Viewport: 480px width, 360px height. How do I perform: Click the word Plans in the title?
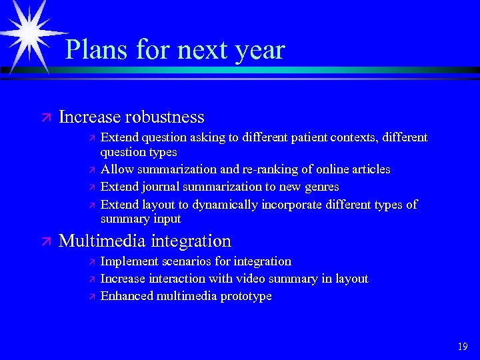97,50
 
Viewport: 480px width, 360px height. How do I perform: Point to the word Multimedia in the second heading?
103,241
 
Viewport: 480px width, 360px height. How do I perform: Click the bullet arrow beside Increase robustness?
45,118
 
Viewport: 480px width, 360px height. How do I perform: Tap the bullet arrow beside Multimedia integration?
45,241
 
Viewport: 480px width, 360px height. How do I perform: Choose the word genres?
320,187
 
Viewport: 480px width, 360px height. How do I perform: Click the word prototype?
243,296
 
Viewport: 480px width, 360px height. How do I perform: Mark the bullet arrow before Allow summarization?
92,170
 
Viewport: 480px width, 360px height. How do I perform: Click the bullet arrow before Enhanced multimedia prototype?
92,297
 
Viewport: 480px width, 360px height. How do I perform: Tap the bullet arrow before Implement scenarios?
92,262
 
